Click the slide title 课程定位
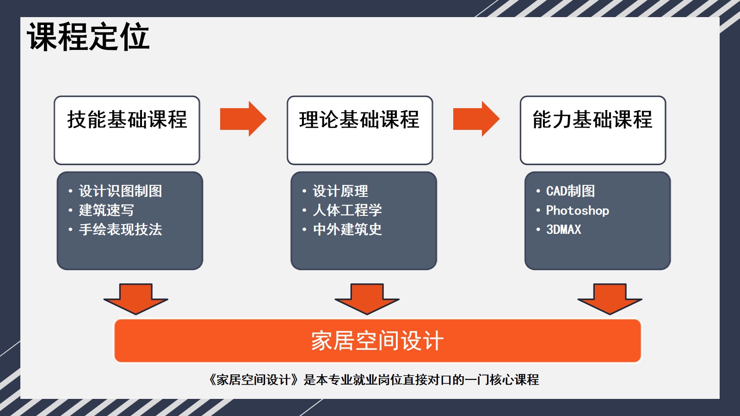coord(88,37)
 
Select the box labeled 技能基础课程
coord(127,130)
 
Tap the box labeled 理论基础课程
coord(360,130)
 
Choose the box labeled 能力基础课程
coord(592,130)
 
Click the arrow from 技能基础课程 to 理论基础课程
coord(243,119)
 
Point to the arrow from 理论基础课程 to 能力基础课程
coord(476,119)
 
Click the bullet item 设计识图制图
coord(120,191)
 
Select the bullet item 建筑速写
coord(106,210)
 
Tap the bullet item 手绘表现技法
coord(120,229)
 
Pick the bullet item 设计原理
coord(340,191)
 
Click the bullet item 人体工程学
coord(347,210)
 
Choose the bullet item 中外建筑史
coord(347,229)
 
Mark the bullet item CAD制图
coord(571,191)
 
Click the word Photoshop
coord(578,211)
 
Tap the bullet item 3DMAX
coord(564,229)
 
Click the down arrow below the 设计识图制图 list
coord(136,299)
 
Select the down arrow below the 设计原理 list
coord(367,299)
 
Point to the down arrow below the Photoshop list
coord(610,299)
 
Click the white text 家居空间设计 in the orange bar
coord(377,341)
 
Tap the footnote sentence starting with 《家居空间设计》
coord(373,379)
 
